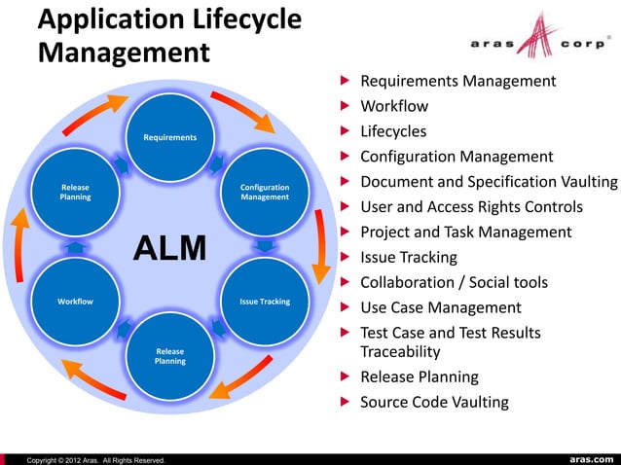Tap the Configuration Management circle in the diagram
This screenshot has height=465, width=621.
point(264,192)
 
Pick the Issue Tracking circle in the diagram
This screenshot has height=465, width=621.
point(264,301)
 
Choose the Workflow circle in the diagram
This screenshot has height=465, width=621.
point(75,301)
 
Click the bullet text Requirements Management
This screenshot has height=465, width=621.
point(457,81)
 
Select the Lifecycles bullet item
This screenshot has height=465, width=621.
point(393,131)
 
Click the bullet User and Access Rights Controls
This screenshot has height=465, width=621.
point(471,207)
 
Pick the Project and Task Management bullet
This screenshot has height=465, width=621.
point(465,232)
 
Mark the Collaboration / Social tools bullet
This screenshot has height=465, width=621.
point(454,283)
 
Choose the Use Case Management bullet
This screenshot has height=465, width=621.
point(441,308)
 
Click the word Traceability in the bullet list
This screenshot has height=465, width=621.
point(400,351)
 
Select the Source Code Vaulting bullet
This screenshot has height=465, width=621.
point(434,402)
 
